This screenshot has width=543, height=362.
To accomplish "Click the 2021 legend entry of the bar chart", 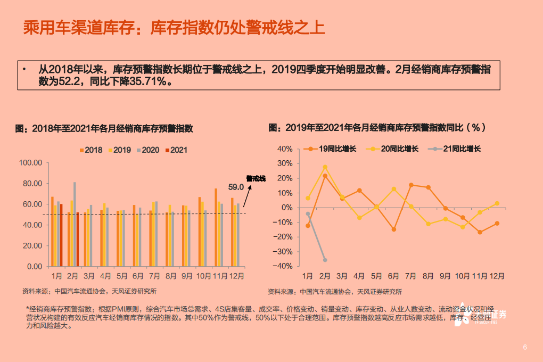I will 176,150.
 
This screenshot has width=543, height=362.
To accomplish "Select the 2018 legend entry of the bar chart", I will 91,150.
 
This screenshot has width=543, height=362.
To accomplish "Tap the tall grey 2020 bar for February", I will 75,224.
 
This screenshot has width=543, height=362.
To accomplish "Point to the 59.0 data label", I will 236,187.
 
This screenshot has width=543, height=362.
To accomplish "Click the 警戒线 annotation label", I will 256,178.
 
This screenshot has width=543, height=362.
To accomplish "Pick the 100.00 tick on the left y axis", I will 30,163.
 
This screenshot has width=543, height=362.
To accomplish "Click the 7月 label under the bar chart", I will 154,276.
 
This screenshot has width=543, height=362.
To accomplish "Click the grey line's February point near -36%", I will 325,260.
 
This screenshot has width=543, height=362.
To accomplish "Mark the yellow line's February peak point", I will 325,167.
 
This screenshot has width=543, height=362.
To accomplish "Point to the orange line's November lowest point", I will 480,232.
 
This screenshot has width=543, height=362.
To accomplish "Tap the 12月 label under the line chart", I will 497,276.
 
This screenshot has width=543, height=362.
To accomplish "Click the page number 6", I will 525,348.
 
